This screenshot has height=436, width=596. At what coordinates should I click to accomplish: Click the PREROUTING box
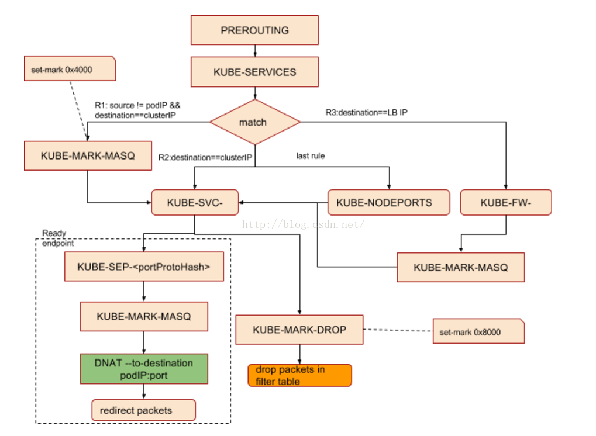pyautogui.click(x=254, y=30)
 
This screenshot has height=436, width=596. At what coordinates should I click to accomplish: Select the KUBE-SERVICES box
pyautogui.click(x=254, y=72)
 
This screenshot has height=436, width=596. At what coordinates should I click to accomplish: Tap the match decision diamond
pyautogui.click(x=254, y=122)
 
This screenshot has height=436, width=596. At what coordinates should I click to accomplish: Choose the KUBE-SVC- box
pyautogui.click(x=195, y=203)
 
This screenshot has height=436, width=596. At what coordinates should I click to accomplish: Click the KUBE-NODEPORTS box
pyautogui.click(x=388, y=203)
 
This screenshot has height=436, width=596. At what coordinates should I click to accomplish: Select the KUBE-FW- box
pyautogui.click(x=506, y=203)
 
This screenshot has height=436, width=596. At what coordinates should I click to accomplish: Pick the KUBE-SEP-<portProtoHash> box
pyautogui.click(x=143, y=267)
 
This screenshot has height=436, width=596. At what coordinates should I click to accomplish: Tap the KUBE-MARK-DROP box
pyautogui.click(x=299, y=330)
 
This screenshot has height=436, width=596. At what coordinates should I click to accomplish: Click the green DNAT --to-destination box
pyautogui.click(x=143, y=369)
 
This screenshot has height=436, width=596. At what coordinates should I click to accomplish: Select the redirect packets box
pyautogui.click(x=143, y=410)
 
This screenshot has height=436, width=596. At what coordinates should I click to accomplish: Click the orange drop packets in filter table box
pyautogui.click(x=299, y=375)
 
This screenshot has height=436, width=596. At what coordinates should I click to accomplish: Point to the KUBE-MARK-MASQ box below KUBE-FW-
pyautogui.click(x=460, y=267)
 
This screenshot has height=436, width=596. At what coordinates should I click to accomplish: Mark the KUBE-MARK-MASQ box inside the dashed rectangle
pyautogui.click(x=143, y=317)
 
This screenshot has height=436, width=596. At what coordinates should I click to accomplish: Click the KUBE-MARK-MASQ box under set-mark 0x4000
pyautogui.click(x=88, y=156)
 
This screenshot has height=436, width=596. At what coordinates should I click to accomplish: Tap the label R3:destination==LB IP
pyautogui.click(x=366, y=110)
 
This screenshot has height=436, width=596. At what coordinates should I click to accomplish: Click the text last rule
pyautogui.click(x=311, y=156)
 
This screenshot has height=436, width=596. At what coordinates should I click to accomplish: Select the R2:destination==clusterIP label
pyautogui.click(x=205, y=157)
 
